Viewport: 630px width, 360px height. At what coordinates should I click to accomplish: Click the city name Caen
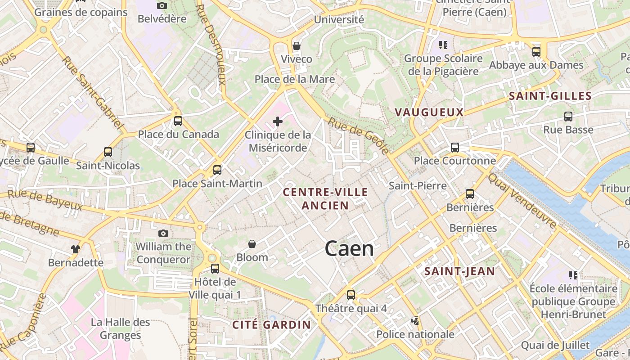tap(349, 249)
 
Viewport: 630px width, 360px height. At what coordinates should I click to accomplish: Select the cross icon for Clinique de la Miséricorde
tap(278, 121)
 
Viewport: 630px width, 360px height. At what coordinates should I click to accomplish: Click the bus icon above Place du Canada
tap(178, 121)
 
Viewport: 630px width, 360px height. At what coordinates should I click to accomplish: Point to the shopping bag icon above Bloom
tap(252, 244)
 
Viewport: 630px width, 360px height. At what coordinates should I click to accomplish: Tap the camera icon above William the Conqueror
tap(163, 233)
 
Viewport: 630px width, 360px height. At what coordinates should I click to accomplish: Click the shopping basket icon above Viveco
tap(296, 46)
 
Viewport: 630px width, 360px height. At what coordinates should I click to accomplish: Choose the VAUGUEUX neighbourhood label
tap(429, 112)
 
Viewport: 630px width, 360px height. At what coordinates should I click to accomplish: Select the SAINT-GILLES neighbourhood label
tap(550, 96)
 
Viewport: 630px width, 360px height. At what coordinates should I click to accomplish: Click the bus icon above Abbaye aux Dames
tap(536, 52)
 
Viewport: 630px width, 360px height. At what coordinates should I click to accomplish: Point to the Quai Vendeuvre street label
tap(522, 200)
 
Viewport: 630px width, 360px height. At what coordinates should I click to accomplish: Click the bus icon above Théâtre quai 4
tap(351, 295)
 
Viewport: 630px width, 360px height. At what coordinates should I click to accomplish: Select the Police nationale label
tap(415, 334)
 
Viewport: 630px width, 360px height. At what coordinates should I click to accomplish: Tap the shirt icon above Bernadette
tap(75, 249)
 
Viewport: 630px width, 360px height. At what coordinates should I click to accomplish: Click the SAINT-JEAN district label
tap(459, 271)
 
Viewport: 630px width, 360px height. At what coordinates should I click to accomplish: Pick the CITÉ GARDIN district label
tap(271, 325)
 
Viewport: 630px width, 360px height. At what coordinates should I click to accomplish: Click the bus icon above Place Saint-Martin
tap(217, 170)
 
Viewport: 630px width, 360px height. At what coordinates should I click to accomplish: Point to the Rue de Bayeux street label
tap(45, 200)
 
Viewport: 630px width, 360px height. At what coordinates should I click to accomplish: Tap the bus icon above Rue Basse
tap(568, 117)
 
